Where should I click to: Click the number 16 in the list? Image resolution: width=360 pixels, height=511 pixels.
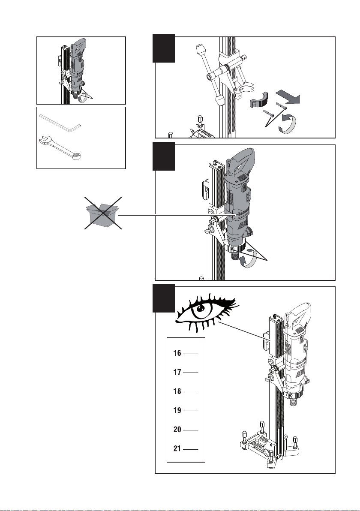point(177,353)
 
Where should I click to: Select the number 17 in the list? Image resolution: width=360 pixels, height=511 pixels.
point(177,372)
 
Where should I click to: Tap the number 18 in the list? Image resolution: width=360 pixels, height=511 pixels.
point(177,391)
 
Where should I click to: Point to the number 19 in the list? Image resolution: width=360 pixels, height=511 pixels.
point(177,410)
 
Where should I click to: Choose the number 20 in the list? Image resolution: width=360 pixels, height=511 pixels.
point(177,430)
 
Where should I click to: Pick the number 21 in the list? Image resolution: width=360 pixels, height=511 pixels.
point(177,449)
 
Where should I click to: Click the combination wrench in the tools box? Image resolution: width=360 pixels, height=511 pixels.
point(60,149)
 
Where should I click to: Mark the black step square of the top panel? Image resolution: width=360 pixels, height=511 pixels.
point(164,48)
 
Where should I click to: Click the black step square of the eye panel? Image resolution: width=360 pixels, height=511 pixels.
point(164,298)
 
